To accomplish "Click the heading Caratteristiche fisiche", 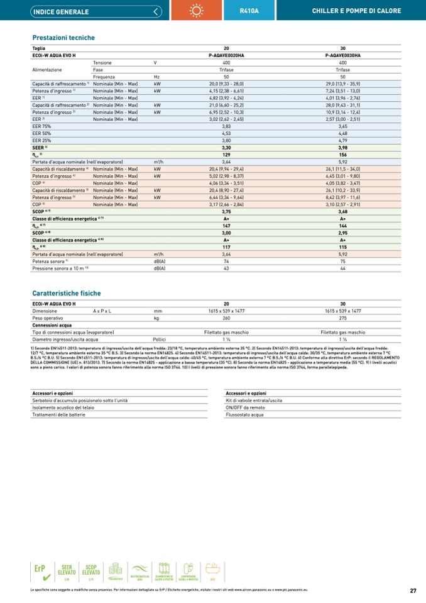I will tap(66, 293).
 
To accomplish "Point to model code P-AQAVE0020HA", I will tap(226, 55).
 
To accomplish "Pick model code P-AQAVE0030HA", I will tap(342, 55).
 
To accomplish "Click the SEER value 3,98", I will tap(342, 147).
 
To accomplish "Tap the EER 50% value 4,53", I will tap(226, 133).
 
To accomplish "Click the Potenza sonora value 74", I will tap(226, 261).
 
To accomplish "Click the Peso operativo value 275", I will tap(342, 318).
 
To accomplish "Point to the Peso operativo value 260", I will tap(226, 318).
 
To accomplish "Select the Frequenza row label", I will tap(104, 77).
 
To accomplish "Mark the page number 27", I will tap(413, 590).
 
